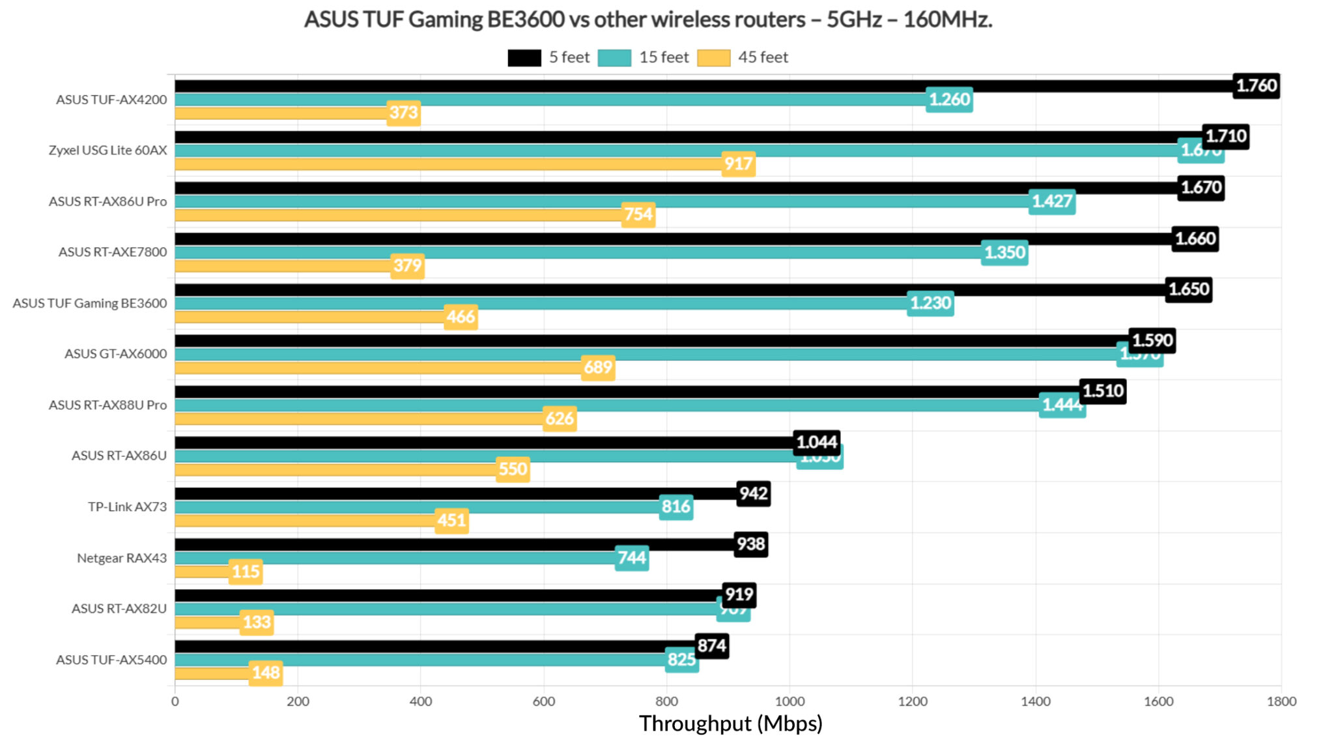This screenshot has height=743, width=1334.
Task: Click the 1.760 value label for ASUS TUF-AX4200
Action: click(x=1256, y=85)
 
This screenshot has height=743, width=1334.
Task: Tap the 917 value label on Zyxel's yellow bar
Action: click(x=738, y=163)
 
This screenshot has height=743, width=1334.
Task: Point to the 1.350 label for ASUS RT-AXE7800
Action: click(x=1004, y=252)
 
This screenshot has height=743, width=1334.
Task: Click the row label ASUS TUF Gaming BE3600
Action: click(x=90, y=303)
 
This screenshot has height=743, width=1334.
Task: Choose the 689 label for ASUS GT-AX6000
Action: click(x=598, y=368)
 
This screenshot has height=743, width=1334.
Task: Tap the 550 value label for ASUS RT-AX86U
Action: click(x=513, y=469)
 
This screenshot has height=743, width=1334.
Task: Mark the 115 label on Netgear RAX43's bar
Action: click(x=246, y=572)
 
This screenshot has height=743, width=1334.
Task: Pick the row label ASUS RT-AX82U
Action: click(x=119, y=608)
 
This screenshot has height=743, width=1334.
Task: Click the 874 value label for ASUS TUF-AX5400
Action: click(x=711, y=645)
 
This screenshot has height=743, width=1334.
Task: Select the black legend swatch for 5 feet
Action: click(x=524, y=57)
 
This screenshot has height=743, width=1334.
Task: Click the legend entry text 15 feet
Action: click(x=663, y=57)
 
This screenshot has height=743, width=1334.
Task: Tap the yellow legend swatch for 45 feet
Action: click(x=713, y=57)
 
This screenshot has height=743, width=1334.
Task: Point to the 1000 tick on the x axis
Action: click(x=789, y=701)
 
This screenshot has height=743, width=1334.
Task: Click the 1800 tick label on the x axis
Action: click(x=1281, y=701)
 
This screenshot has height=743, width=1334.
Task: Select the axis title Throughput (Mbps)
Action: click(x=730, y=723)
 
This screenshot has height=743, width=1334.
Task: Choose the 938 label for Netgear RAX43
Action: click(x=751, y=544)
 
